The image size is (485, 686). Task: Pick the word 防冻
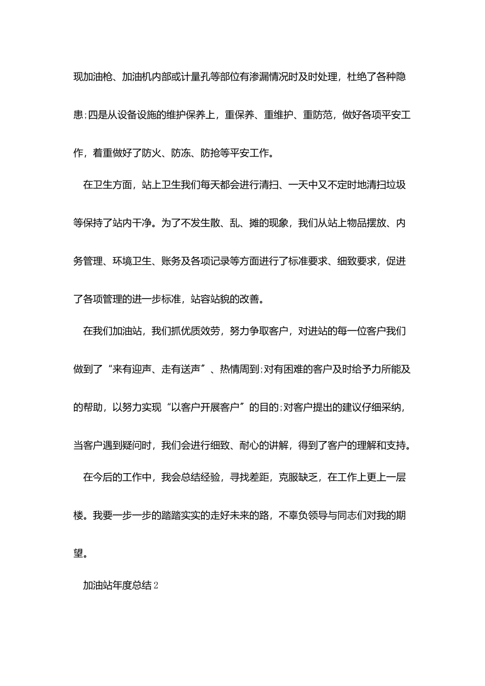pyautogui.click(x=181, y=153)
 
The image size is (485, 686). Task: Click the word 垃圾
pyautogui.click(x=396, y=185)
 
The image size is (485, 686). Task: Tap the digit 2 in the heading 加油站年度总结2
pyautogui.click(x=156, y=585)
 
